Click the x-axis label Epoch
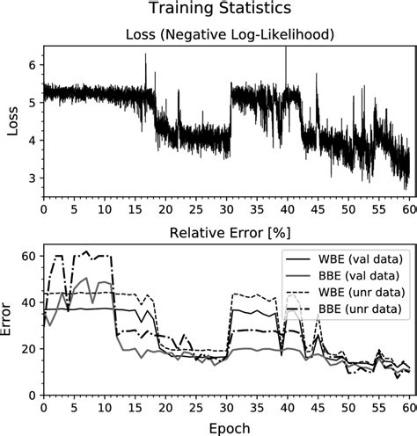(227, 426)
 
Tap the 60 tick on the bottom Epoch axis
(410, 408)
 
